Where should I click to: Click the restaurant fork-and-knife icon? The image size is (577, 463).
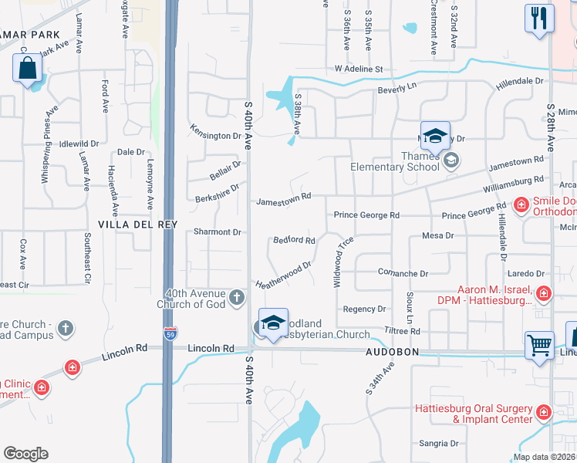coord(539,18)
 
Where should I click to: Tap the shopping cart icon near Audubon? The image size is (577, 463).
coord(539,344)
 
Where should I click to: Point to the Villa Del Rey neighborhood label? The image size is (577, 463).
coord(138,225)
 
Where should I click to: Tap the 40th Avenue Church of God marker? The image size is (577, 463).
coord(237,296)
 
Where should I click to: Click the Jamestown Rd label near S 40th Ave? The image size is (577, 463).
coord(284,197)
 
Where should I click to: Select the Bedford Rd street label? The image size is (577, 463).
coord(295,241)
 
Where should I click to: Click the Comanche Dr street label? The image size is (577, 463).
coord(403,273)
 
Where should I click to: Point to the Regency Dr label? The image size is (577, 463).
coord(364,309)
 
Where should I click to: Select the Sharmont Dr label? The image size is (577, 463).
coord(218,231)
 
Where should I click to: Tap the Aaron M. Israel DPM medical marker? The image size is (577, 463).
coord(544,293)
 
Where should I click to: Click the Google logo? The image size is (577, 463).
coord(25,454)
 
